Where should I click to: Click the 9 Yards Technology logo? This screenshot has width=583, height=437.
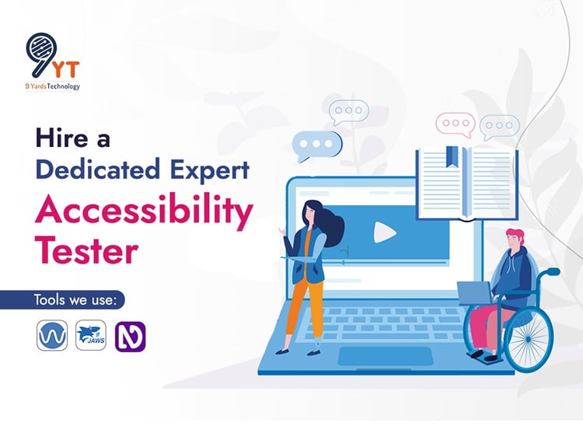(52, 61)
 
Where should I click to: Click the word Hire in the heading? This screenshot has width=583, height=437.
(61, 138)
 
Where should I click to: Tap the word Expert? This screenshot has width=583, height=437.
(210, 170)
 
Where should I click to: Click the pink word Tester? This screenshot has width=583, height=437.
(86, 250)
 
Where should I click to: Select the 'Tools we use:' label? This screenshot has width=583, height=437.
(75, 300)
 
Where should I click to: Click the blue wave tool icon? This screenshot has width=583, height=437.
(52, 335)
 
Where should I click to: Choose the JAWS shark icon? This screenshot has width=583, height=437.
(91, 335)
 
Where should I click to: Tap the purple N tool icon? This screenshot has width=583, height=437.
(130, 337)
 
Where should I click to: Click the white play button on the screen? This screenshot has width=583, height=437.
(384, 232)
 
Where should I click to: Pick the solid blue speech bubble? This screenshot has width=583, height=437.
(317, 145)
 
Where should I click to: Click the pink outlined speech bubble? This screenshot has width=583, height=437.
(456, 124)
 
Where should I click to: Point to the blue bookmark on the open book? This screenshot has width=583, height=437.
(452, 156)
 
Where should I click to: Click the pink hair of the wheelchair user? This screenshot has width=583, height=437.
(515, 236)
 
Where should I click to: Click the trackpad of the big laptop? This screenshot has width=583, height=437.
(386, 356)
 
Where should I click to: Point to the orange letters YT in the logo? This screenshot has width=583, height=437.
(65, 69)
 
